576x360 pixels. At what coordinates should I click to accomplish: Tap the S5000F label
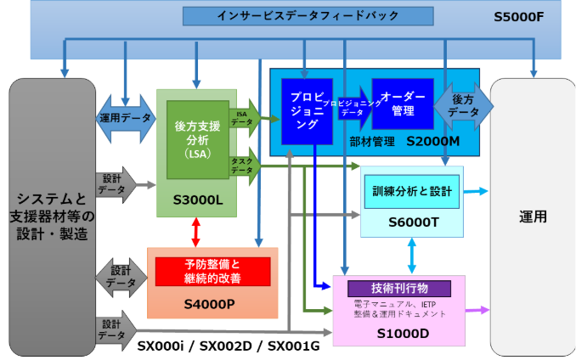coord(518,17)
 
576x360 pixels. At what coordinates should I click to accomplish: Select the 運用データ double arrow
coord(126,118)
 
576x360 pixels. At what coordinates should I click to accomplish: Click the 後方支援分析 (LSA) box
coord(197,139)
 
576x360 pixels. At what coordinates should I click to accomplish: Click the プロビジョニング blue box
coord(307,111)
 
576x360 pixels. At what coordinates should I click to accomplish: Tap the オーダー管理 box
coord(402,104)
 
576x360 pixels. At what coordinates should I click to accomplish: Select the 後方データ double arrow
coord(463,105)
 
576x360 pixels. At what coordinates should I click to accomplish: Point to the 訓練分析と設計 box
coord(412,192)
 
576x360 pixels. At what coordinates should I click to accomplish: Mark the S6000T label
coord(412,222)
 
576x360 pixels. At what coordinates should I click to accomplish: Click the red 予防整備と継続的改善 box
coord(212,271)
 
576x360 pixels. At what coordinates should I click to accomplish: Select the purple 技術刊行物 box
coord(399,288)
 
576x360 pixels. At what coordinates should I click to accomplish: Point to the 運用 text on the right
coord(533,217)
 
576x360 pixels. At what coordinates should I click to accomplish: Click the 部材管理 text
coord(372,142)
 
